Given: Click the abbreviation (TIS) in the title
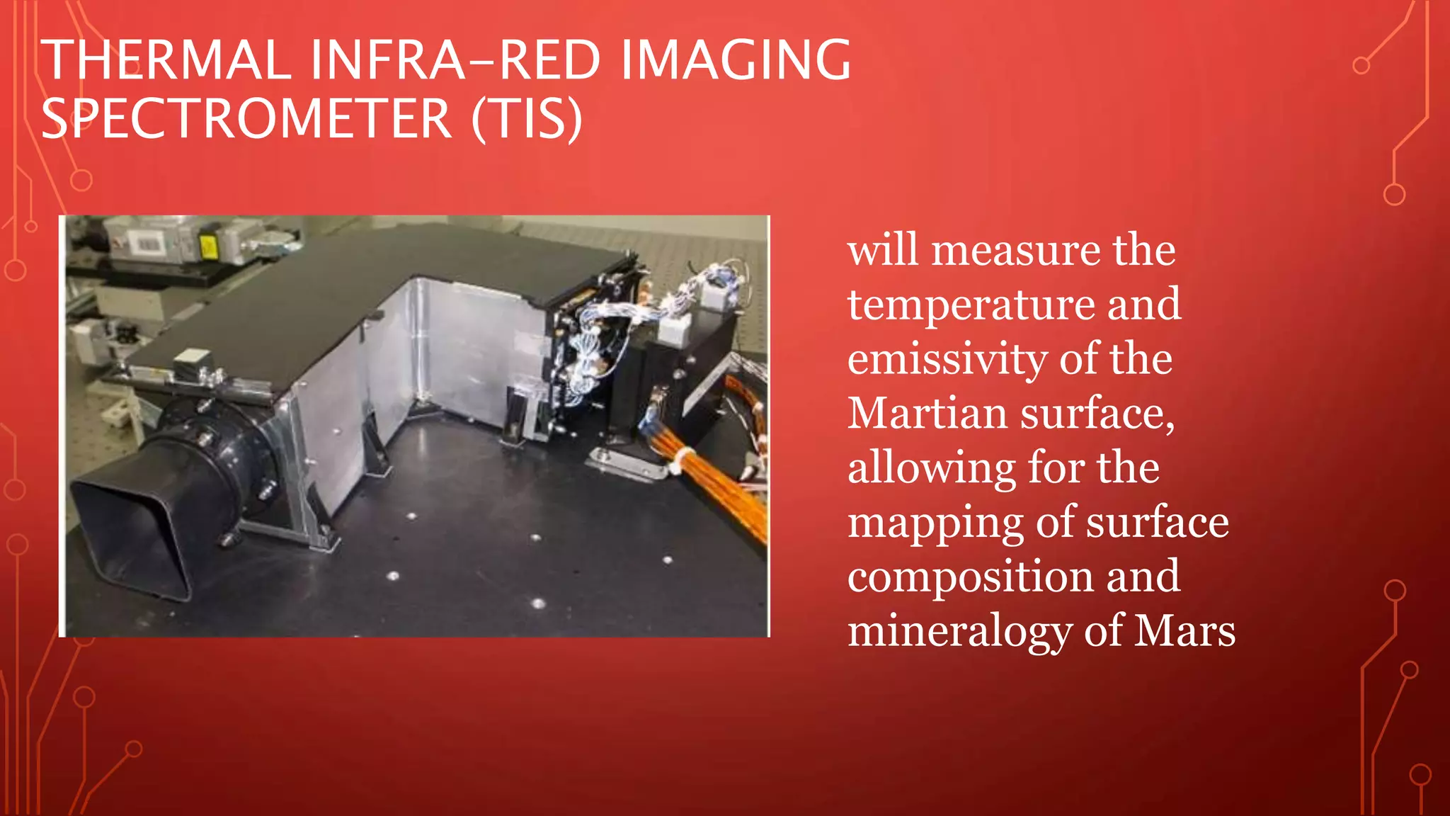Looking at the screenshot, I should click(527, 119).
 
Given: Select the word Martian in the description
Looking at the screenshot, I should click(927, 413).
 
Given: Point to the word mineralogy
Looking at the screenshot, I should click(959, 632).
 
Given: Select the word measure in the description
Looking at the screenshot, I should click(1015, 251).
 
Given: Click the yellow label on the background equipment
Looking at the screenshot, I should click(208, 247).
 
